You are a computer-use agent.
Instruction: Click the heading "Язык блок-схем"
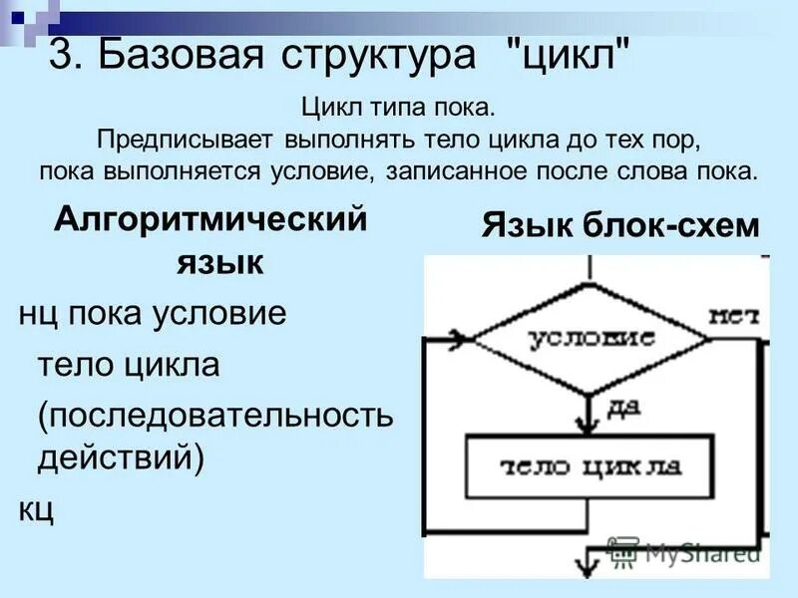(x=620, y=225)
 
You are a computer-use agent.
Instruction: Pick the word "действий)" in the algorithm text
(x=120, y=458)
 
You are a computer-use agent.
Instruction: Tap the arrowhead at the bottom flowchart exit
(x=589, y=569)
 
